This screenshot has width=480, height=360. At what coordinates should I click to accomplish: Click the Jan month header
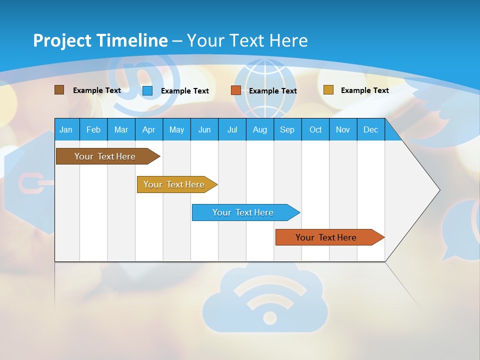coord(66,130)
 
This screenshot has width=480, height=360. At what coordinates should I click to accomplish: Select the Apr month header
coord(148,130)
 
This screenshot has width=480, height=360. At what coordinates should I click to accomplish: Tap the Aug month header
coord(259,130)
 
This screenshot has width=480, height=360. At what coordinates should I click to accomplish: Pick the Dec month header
coord(370,130)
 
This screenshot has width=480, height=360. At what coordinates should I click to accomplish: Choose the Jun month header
coord(204,130)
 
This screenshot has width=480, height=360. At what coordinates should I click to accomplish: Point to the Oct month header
coord(315,130)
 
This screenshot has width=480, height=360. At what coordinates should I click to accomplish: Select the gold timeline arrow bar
coord(175,184)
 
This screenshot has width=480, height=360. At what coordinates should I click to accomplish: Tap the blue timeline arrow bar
coord(244,212)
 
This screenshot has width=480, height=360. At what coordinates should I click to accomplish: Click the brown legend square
coord(59,90)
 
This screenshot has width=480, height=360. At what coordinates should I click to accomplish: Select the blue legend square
coord(147,90)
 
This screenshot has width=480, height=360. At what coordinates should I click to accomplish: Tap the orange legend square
coord(236,90)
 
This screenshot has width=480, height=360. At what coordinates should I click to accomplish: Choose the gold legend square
coord(328,90)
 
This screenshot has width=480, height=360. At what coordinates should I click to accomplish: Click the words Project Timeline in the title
coord(100,40)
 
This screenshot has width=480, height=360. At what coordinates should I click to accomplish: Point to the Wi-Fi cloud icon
coord(270,302)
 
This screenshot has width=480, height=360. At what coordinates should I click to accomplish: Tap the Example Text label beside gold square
coord(364,90)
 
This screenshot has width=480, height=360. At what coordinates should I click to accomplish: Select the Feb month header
coord(93,130)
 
